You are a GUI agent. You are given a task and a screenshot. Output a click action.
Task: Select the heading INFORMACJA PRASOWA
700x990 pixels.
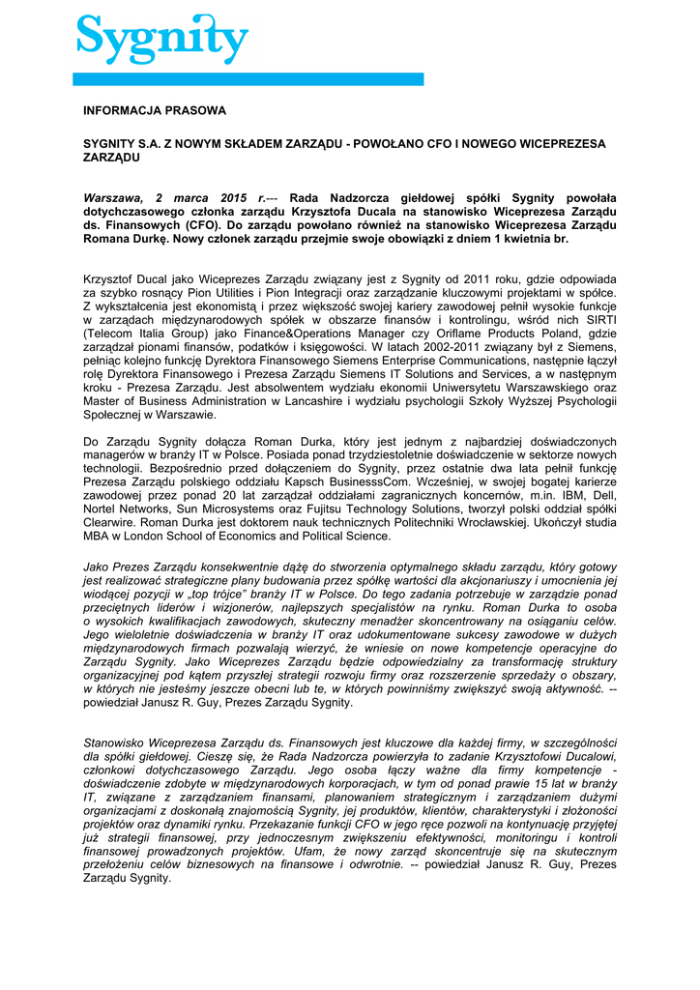155,111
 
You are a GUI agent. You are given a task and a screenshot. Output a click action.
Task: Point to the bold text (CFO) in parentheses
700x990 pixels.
203,224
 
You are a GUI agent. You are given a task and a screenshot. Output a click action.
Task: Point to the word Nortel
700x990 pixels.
102,522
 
